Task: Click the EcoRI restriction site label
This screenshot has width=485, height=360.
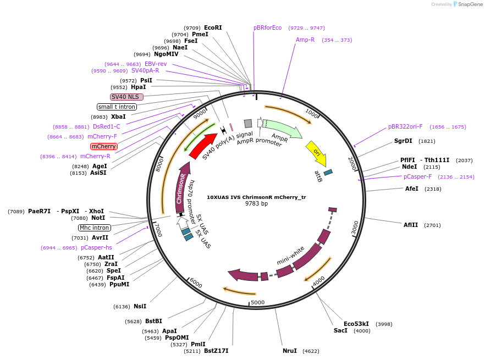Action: point(213,27)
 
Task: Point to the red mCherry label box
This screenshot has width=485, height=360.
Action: point(103,147)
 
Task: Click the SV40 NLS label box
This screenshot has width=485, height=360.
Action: point(126,97)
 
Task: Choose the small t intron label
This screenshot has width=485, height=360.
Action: point(116,107)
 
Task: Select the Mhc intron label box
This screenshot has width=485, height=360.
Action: point(95,228)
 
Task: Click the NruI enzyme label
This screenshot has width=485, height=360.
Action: point(290,351)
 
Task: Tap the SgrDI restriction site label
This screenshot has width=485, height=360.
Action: point(403,141)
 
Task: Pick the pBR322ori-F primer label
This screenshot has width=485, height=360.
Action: point(405,126)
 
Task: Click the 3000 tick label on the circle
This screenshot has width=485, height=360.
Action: point(355,226)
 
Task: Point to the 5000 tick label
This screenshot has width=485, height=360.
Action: point(257,302)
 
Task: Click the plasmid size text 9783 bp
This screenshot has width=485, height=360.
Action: point(256,203)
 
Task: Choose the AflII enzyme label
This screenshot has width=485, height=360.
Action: point(411,225)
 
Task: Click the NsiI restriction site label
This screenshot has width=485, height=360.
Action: point(140,307)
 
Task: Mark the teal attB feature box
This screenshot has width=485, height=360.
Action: point(328,173)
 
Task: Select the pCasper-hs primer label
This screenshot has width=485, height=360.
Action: point(96,248)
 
